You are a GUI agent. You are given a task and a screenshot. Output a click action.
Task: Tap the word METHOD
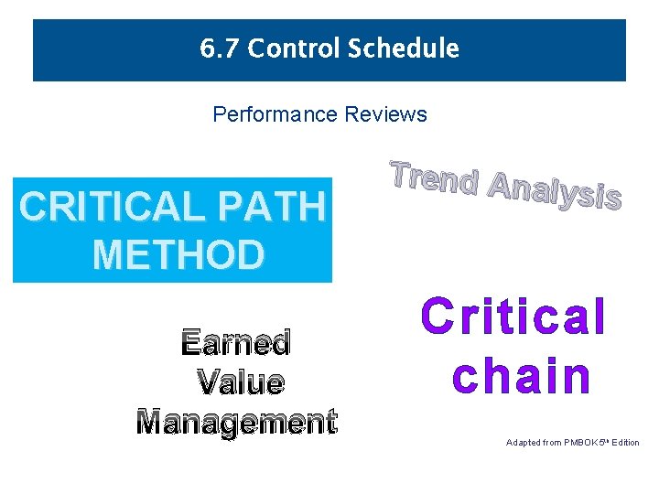click(178, 254)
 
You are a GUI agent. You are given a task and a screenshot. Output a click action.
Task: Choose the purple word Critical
click(513, 317)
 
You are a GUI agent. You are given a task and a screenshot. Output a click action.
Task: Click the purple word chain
click(522, 377)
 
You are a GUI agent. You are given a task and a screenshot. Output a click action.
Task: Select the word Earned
click(236, 343)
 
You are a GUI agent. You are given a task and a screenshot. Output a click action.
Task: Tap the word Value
click(241, 381)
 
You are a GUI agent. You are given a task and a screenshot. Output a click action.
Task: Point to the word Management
click(237, 421)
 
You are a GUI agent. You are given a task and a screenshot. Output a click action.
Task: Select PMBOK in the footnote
click(580, 443)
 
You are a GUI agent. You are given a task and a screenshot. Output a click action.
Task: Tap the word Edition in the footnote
click(626, 443)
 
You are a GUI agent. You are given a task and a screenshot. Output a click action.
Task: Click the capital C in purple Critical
click(438, 317)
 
